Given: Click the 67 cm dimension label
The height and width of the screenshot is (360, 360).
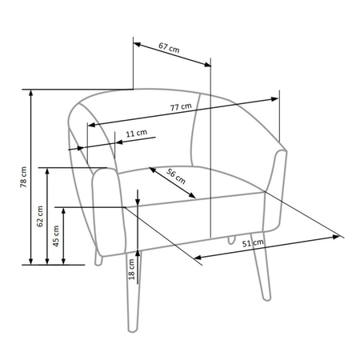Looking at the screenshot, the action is (x=169, y=47).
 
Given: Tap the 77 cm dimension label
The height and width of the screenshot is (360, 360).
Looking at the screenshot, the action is (x=181, y=106).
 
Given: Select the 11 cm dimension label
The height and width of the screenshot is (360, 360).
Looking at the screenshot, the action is (x=136, y=133).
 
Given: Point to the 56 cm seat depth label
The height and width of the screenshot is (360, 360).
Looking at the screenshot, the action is (x=176, y=176).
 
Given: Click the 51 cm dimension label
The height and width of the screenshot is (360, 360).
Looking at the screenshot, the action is (x=253, y=243).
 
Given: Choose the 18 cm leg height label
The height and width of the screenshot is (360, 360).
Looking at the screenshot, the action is (x=131, y=270).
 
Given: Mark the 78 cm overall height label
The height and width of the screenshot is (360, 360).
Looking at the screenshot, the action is (x=23, y=177).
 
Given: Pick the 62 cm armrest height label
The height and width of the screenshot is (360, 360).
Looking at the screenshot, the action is (x=40, y=216).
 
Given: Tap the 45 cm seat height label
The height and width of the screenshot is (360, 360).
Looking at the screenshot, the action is (x=56, y=236).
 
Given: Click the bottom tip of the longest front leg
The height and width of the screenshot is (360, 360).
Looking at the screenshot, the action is (x=133, y=331).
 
